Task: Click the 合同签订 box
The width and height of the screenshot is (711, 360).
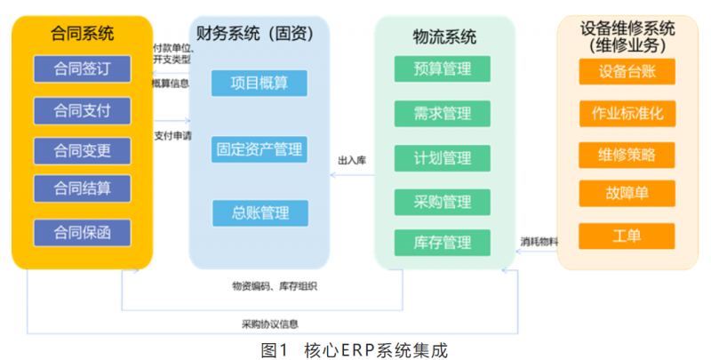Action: click(x=82, y=68)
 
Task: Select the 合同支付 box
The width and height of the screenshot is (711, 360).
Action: click(x=82, y=111)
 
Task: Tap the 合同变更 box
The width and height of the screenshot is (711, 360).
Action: click(x=82, y=150)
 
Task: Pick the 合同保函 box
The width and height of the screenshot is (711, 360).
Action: click(x=82, y=233)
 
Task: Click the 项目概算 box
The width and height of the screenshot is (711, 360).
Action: click(x=260, y=84)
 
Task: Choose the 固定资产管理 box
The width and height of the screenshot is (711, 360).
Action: click(x=260, y=148)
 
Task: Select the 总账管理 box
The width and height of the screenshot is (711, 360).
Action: click(x=260, y=213)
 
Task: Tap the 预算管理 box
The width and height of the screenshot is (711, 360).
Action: click(x=443, y=68)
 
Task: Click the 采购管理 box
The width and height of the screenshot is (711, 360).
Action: click(x=443, y=202)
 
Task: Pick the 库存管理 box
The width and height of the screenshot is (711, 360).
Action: click(x=443, y=242)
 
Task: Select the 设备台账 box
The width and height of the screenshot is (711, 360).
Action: click(x=626, y=72)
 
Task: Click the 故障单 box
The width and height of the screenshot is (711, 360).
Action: click(x=626, y=193)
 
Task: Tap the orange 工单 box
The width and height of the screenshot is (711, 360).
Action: click(x=626, y=236)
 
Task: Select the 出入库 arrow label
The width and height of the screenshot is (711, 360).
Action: click(x=352, y=160)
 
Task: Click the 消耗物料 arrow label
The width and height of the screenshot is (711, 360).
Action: click(x=539, y=241)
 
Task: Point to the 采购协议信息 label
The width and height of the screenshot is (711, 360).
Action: click(x=269, y=324)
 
